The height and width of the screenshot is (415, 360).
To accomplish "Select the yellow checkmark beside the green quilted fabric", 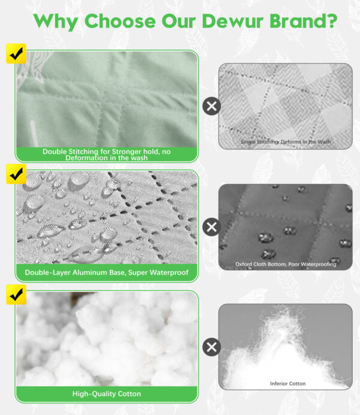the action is [x=16, y=53].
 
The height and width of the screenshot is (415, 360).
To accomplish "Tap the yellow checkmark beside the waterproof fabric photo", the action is [x=16, y=174].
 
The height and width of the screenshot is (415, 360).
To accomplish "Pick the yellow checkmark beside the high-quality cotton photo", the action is [x=16, y=294].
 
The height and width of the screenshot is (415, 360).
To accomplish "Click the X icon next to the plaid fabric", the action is [x=211, y=106].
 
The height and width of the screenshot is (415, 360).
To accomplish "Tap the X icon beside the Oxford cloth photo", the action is [x=211, y=227].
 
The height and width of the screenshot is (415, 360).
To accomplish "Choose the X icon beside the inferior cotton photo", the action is [x=211, y=347].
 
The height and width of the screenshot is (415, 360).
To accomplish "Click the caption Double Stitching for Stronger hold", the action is [x=106, y=155].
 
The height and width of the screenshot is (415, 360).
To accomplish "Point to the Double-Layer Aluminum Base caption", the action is [x=106, y=272].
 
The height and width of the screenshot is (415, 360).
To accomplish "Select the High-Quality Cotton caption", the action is [x=106, y=393].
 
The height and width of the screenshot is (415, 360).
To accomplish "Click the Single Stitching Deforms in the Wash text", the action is [x=286, y=142].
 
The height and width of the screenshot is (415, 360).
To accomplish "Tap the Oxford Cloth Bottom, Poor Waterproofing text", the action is [x=286, y=264].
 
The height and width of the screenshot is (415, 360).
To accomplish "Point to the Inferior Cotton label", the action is [x=288, y=383].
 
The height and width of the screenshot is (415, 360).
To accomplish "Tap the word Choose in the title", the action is [x=120, y=20].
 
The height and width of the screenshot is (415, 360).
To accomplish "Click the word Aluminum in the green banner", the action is [x=90, y=272].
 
